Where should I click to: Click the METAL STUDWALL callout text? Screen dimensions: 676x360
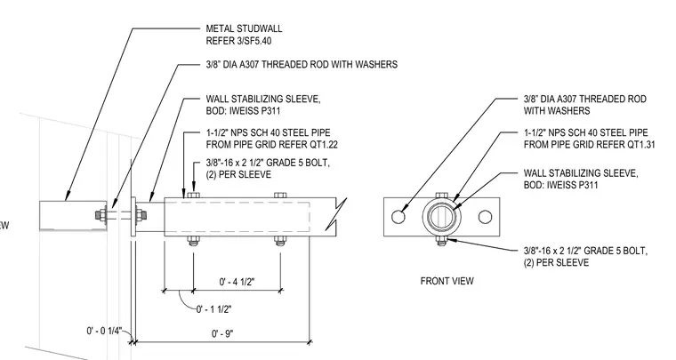(244, 28)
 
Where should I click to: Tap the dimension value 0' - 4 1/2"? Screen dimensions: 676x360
(237, 282)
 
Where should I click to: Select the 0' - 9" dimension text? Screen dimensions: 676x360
(222, 333)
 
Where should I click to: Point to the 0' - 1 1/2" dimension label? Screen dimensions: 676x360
(213, 309)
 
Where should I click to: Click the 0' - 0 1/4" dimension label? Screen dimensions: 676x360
(104, 331)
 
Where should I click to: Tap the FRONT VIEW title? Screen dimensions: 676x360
(447, 281)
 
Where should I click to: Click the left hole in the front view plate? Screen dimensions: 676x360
(398, 217)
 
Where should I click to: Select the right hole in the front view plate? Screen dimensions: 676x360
(485, 217)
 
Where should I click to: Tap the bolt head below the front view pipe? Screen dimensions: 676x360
(441, 240)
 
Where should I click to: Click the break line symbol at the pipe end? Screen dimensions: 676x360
(335, 214)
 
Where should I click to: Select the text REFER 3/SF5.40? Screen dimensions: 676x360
(238, 42)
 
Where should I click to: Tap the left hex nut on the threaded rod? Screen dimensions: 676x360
(101, 215)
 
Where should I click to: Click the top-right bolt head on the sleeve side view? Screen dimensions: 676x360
(280, 195)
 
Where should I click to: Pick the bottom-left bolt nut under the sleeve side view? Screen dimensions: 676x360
(193, 241)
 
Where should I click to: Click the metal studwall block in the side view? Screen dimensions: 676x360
(73, 215)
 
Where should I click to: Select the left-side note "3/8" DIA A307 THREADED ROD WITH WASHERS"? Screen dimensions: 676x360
(302, 65)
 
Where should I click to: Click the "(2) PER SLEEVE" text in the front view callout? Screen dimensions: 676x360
(556, 263)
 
